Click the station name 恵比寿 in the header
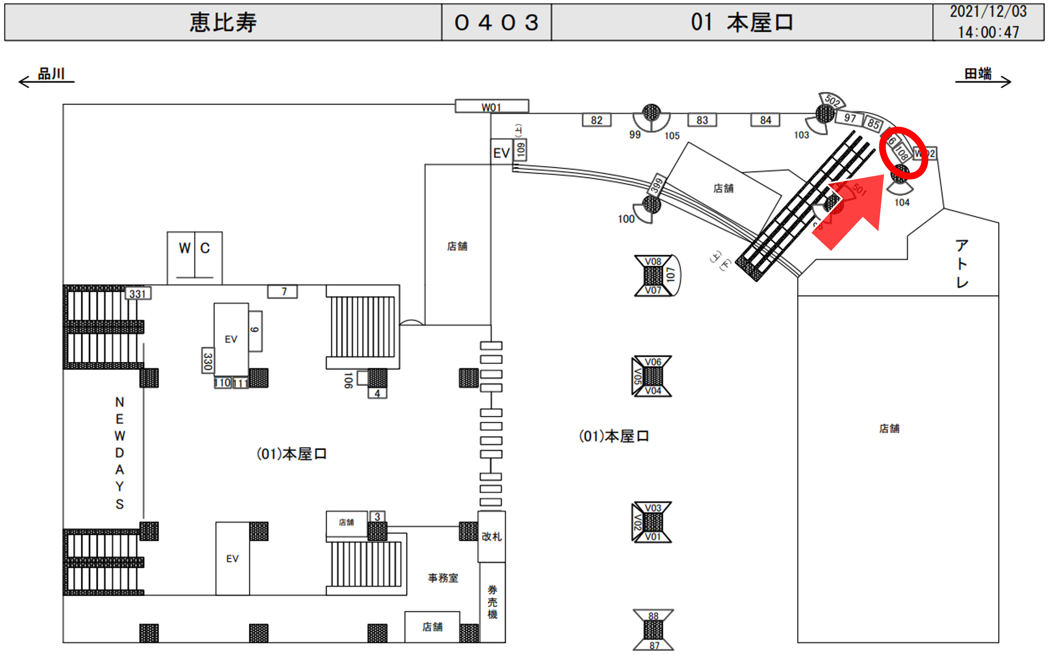tap(223, 23)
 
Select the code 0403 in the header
tap(496, 23)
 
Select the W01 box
tap(492, 107)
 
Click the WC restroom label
tap(195, 248)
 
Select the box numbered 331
tap(138, 294)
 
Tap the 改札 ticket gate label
tap(492, 537)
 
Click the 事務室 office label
tap(443, 578)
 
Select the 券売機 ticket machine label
tap(492, 602)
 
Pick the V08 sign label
tap(653, 262)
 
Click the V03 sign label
tap(653, 508)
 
